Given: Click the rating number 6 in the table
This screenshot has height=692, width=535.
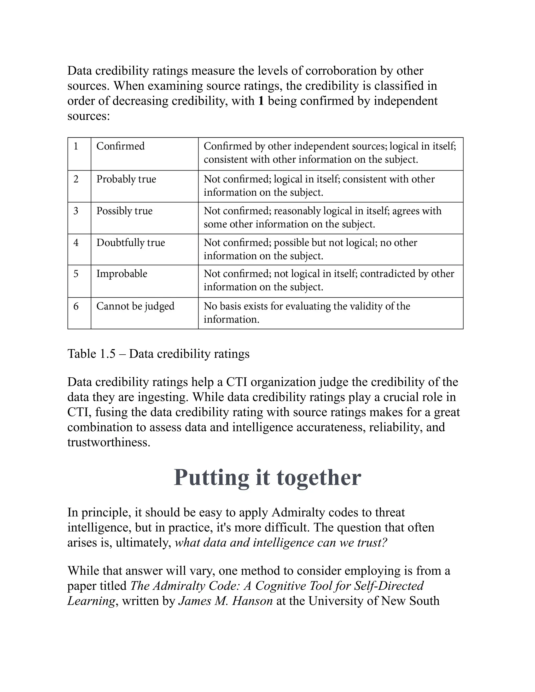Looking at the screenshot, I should tap(76, 306).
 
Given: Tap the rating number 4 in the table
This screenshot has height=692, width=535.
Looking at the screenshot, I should tap(76, 242).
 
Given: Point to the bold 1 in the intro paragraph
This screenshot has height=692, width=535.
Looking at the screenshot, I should tap(261, 101).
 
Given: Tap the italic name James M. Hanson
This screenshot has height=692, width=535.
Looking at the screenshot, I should tap(225, 601).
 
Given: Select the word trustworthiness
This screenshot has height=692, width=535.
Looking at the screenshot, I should tap(109, 442).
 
